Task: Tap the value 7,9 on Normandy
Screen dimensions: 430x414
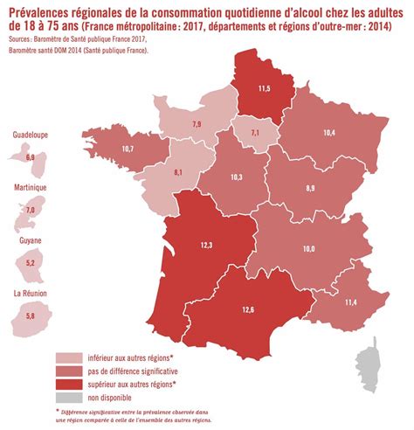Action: (x=197, y=125)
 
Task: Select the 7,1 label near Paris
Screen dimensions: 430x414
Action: (x=255, y=131)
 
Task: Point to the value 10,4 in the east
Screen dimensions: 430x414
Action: (x=328, y=133)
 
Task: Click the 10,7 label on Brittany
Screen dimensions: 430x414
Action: (x=128, y=149)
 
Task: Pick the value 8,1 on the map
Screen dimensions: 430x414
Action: (x=179, y=172)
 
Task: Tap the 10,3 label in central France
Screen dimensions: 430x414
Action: (x=236, y=177)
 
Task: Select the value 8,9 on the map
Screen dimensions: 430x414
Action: (x=310, y=188)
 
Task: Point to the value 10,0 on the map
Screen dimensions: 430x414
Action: (x=308, y=249)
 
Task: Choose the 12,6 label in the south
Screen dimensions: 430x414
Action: (x=248, y=308)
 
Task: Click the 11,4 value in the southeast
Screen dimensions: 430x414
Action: (x=349, y=302)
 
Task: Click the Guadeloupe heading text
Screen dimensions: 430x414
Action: (x=30, y=135)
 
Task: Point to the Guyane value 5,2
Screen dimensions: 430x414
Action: (x=31, y=263)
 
